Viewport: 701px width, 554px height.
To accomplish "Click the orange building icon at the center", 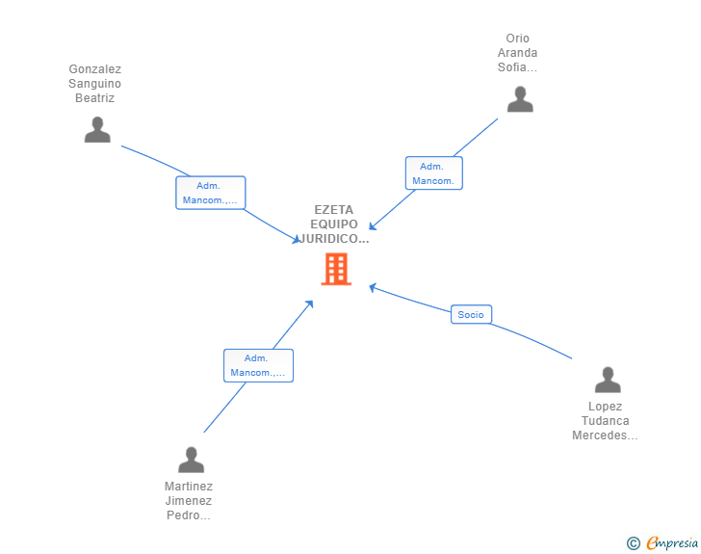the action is pyautogui.click(x=336, y=269).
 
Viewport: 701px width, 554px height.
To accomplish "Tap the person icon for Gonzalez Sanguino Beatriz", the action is pyautogui.click(x=97, y=130).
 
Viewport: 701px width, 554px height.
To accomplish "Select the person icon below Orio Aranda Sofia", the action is pyautogui.click(x=520, y=99).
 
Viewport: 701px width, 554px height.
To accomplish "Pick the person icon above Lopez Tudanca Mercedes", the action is pyautogui.click(x=608, y=380).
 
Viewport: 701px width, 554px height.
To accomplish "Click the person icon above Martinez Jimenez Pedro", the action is pyautogui.click(x=192, y=460).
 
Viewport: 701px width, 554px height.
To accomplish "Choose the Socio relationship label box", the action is pyautogui.click(x=471, y=314).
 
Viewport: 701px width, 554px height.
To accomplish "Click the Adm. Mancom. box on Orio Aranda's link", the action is pyautogui.click(x=434, y=173).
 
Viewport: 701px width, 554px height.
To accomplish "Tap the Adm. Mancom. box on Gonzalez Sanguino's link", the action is pyautogui.click(x=211, y=193).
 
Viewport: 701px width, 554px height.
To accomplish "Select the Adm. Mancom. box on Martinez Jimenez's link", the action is pyautogui.click(x=258, y=365).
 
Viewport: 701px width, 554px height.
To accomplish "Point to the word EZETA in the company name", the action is pyautogui.click(x=334, y=209).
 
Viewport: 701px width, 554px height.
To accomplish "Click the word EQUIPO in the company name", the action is pyautogui.click(x=334, y=224).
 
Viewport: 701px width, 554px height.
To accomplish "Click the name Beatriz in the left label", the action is pyautogui.click(x=94, y=98).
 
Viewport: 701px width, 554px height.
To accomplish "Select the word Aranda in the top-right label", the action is pyautogui.click(x=517, y=53).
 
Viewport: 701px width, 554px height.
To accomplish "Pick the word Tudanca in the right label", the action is pyautogui.click(x=606, y=421).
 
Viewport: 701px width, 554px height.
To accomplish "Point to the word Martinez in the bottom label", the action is pyautogui.click(x=189, y=486).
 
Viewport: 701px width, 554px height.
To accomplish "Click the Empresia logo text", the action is pyautogui.click(x=672, y=543).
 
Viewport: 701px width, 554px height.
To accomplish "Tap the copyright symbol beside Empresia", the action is pyautogui.click(x=634, y=543).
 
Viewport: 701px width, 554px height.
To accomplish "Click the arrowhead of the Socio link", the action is pyautogui.click(x=373, y=287).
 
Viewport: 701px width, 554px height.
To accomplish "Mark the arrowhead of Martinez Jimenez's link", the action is pyautogui.click(x=309, y=304).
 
